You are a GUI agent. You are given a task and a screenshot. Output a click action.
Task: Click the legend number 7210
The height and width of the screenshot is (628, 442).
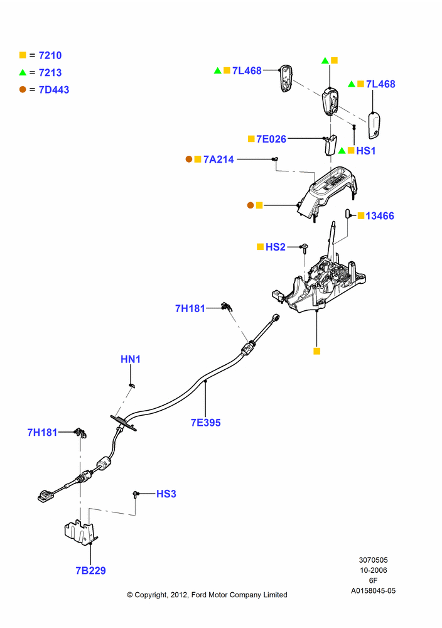(x=50, y=55)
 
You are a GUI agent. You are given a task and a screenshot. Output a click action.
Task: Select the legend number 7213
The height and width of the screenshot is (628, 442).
(x=50, y=72)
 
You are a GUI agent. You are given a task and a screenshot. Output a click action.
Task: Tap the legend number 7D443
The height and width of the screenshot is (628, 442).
(x=54, y=90)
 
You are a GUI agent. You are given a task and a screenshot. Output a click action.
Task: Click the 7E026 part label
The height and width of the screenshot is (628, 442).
(x=271, y=139)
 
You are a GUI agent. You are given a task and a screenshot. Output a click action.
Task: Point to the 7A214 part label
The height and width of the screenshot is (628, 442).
(x=218, y=160)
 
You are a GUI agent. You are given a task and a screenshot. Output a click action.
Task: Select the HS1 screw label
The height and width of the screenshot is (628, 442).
(x=366, y=151)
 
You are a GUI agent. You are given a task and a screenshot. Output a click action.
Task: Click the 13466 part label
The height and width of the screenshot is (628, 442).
(x=380, y=216)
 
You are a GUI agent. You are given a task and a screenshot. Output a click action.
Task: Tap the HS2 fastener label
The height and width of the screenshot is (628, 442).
(x=276, y=247)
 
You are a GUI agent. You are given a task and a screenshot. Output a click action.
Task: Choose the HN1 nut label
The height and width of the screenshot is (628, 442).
(x=131, y=359)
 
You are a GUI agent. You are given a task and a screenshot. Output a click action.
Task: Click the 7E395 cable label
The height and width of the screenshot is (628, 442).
(x=206, y=423)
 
